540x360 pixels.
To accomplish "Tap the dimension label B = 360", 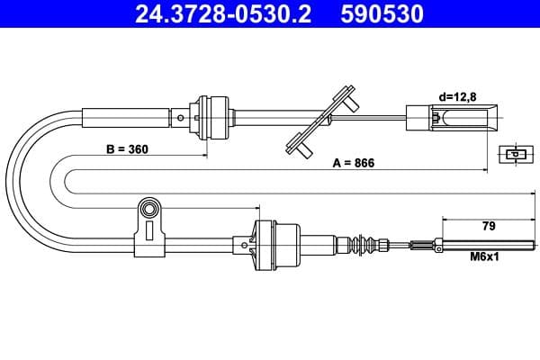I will tap(127, 149).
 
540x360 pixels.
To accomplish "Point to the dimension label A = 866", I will tap(353, 163).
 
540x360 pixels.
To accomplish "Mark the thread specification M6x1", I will tap(486, 256).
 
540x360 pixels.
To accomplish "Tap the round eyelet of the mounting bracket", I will tap(148, 211).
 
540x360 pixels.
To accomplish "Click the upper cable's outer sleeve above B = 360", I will tap(126, 117).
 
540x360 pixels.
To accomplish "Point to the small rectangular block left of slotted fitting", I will tap(418, 116).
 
